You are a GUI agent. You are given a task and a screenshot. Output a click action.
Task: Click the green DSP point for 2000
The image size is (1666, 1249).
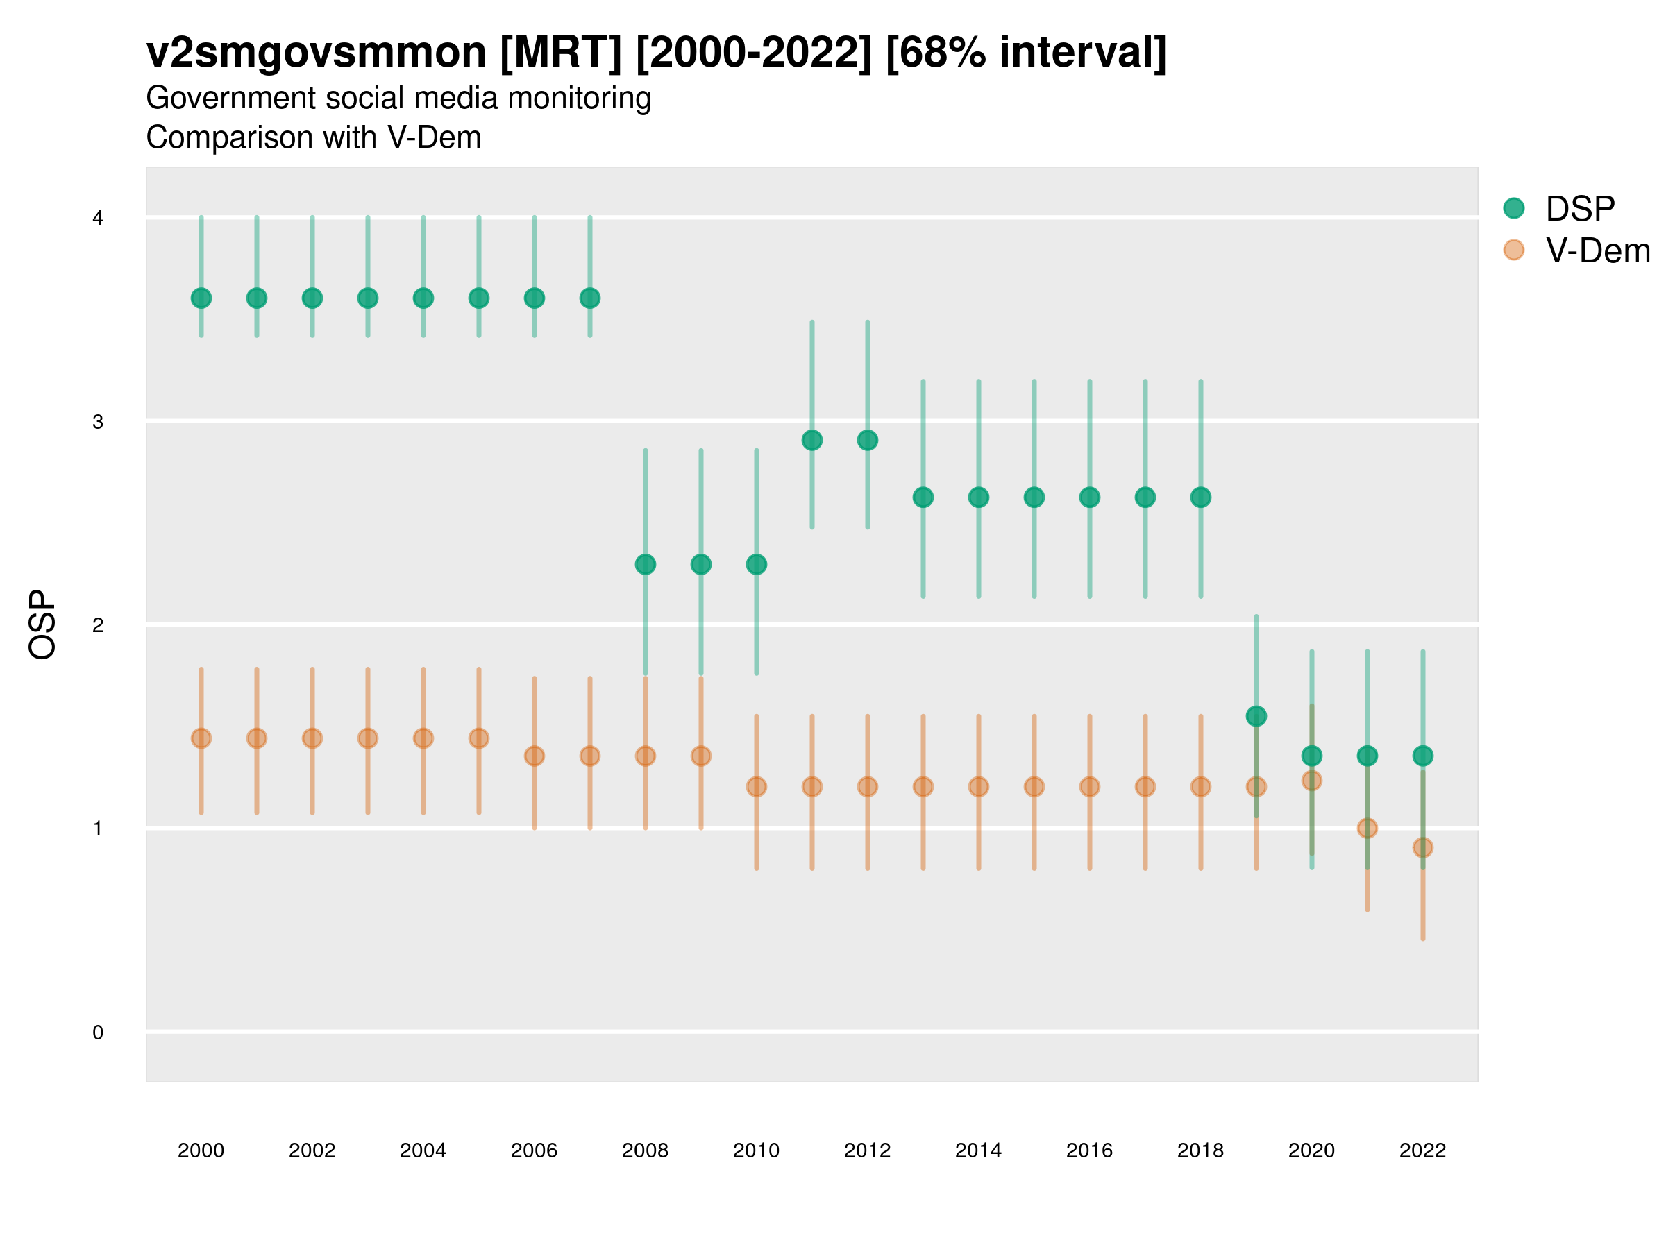(x=201, y=298)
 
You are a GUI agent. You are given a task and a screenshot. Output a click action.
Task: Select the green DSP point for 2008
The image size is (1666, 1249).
(x=646, y=565)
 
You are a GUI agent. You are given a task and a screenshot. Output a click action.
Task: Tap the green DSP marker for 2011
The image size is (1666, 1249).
(x=812, y=441)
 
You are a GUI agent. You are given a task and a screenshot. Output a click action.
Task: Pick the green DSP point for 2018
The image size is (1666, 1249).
(x=1200, y=498)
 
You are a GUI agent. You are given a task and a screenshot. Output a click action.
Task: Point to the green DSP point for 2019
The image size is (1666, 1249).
(x=1256, y=716)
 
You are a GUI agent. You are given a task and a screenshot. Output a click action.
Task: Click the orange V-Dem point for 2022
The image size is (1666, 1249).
(x=1423, y=848)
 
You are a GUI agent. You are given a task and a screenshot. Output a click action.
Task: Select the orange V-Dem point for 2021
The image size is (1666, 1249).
(x=1367, y=828)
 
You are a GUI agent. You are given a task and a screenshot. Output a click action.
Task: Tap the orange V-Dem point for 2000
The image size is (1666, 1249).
(x=201, y=738)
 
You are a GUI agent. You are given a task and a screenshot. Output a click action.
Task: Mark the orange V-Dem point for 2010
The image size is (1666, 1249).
(x=756, y=787)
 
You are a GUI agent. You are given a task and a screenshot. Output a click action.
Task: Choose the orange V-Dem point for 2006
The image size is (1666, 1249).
(x=534, y=756)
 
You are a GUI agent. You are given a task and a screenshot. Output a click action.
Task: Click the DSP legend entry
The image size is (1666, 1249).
(x=1579, y=209)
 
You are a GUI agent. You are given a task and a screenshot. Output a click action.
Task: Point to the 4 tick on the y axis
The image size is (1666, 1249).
(x=98, y=219)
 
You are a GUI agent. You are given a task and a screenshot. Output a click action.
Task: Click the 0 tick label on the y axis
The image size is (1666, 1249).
(x=98, y=1033)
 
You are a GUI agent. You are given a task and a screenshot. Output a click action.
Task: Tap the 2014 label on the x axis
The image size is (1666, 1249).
(x=978, y=1150)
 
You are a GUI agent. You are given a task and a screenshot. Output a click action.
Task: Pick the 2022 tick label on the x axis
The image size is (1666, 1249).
(x=1423, y=1150)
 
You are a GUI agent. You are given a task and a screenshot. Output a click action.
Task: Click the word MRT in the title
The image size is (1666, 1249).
(x=561, y=53)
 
